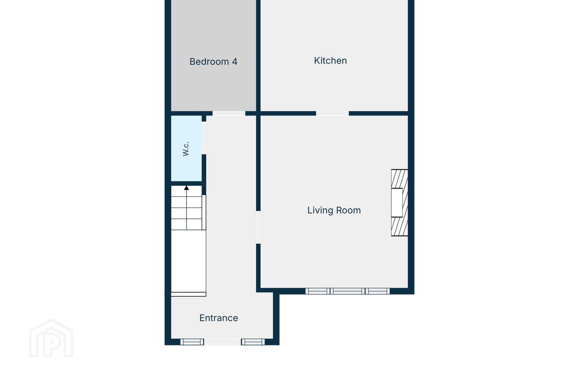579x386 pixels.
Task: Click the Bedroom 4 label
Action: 213,62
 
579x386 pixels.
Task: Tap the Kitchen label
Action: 331,60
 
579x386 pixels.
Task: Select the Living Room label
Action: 334,210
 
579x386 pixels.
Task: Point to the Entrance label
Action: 219,318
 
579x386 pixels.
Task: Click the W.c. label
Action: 186,149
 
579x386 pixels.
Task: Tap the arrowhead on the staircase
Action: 187,188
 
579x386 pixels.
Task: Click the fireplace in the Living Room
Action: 399,203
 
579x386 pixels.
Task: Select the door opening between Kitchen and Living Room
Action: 333,113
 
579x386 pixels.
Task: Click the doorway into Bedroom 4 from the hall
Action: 229,113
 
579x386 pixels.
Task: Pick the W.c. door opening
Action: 204,138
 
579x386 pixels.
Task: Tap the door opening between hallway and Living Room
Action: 258,227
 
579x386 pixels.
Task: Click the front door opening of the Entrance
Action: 223,342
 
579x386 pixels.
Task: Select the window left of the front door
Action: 192,342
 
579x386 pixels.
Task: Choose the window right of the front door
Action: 253,342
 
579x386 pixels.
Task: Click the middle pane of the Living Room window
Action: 348,291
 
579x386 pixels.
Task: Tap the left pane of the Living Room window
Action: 318,291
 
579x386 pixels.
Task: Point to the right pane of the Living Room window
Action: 378,291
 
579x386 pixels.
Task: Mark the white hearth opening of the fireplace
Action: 397,203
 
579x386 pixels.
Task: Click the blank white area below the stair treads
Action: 189,261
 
